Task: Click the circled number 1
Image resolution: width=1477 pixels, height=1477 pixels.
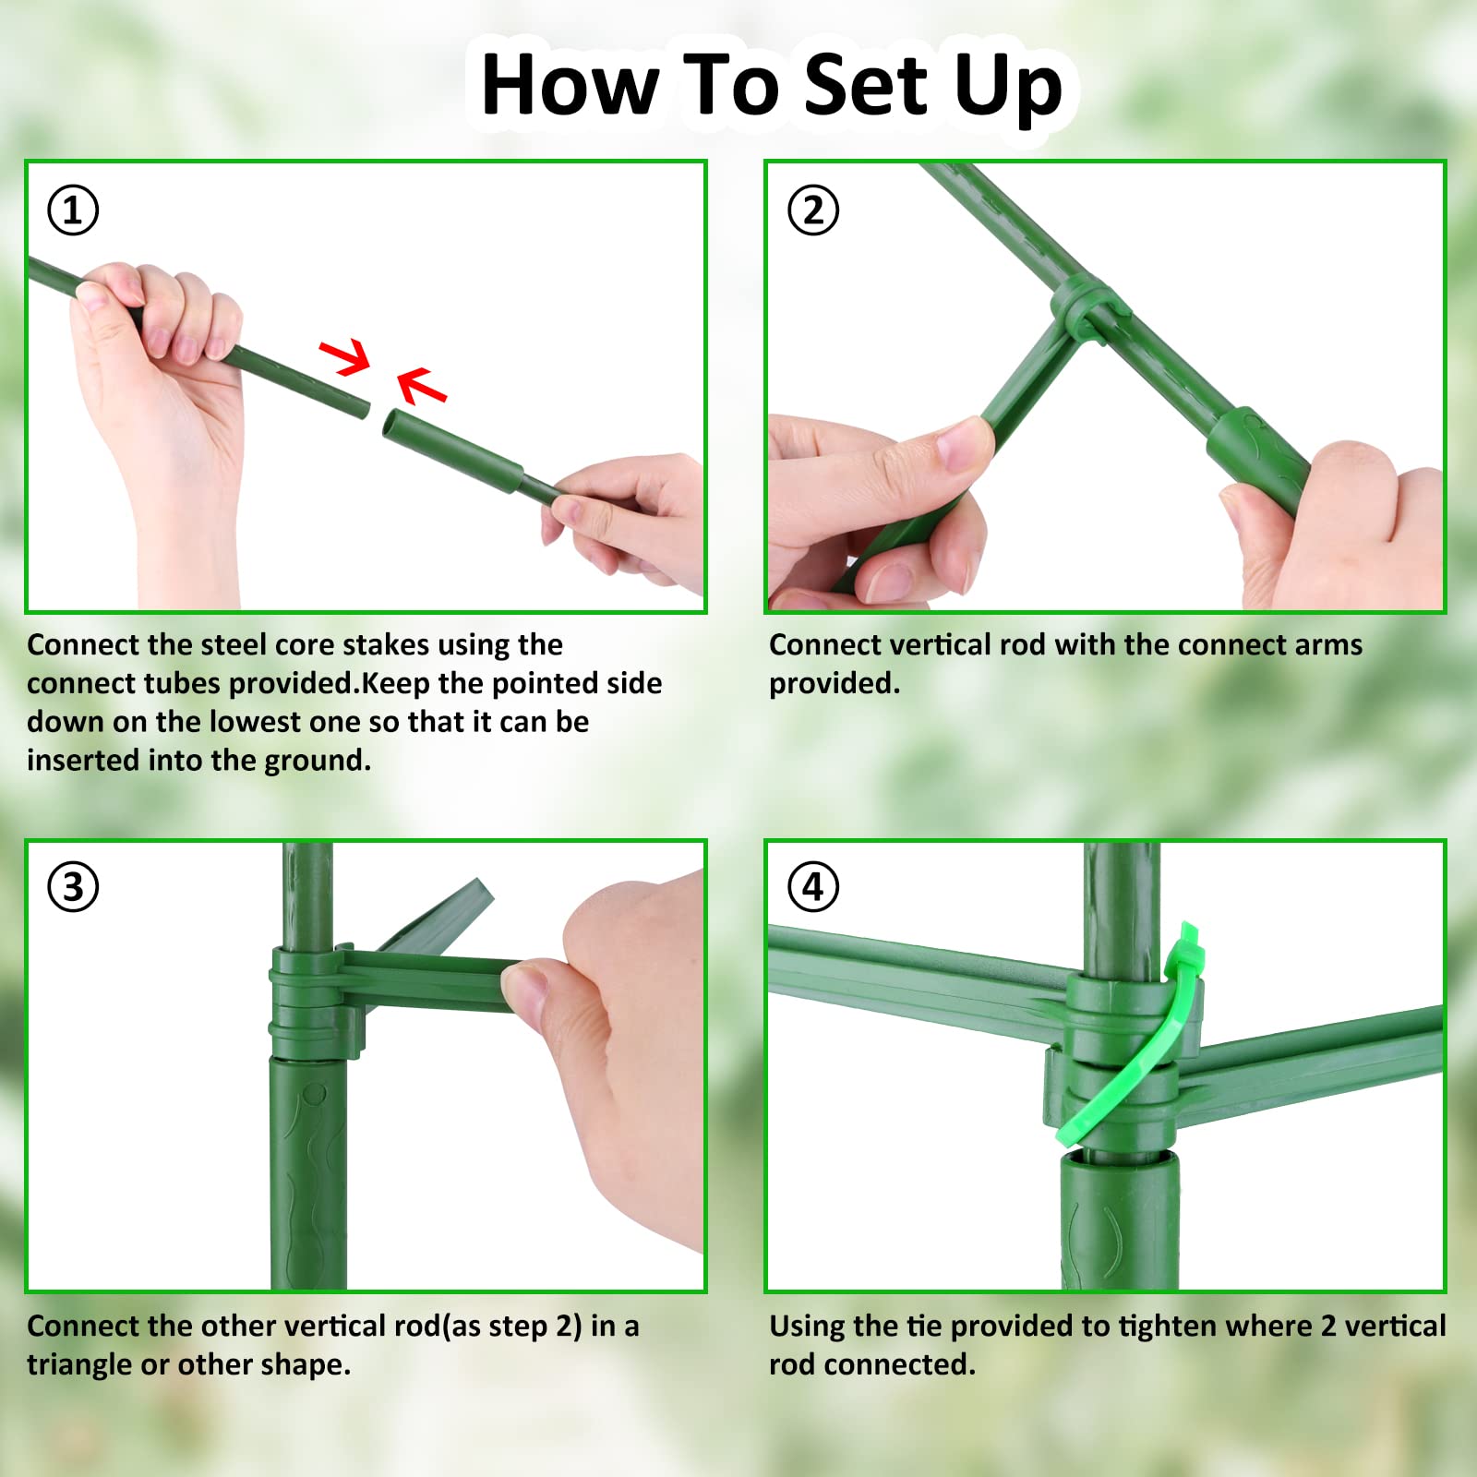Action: click(x=73, y=210)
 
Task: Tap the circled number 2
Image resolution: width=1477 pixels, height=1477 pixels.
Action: click(x=813, y=210)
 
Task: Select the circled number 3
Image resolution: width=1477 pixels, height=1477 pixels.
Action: click(x=73, y=887)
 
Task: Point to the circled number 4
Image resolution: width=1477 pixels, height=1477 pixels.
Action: click(x=813, y=887)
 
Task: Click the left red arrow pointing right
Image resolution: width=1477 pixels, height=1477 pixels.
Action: click(x=345, y=356)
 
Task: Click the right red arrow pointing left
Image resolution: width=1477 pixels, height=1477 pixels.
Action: click(x=422, y=386)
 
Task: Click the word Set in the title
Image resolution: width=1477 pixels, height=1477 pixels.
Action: click(x=865, y=85)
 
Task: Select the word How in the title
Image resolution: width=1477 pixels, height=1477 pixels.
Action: click(x=570, y=85)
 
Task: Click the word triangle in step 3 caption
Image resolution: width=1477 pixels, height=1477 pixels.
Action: click(x=80, y=1365)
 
